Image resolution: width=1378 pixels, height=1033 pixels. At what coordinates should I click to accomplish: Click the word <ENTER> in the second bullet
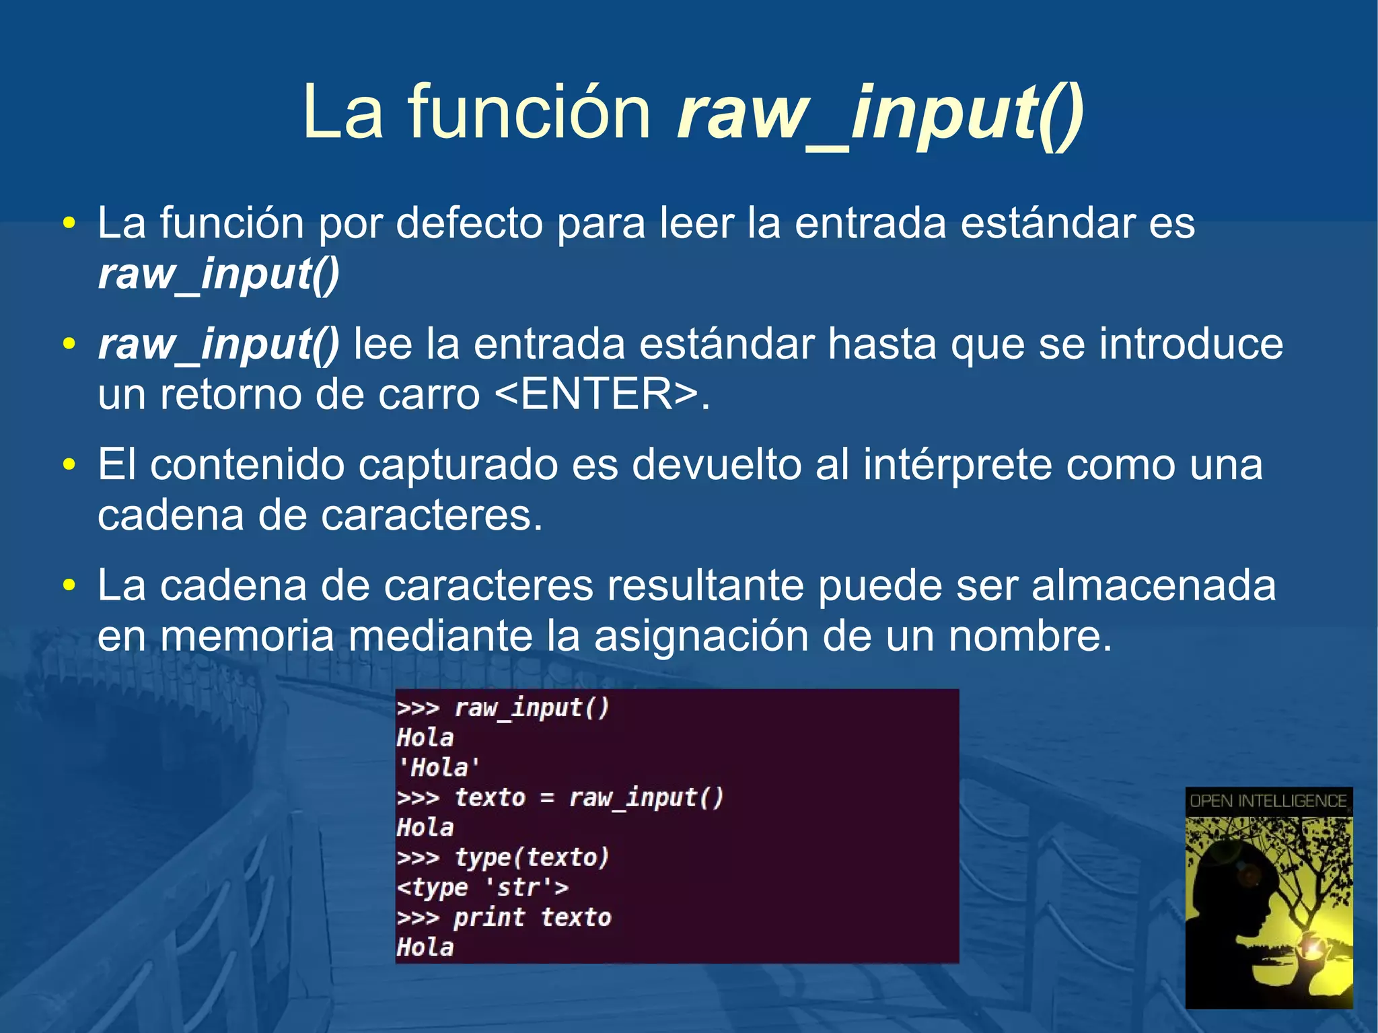tap(596, 394)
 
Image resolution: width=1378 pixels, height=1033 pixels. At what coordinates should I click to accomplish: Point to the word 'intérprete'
tap(957, 465)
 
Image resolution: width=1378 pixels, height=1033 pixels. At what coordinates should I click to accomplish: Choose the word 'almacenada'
tap(1153, 585)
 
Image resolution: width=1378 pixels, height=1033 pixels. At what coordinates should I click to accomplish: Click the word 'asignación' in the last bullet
tap(700, 636)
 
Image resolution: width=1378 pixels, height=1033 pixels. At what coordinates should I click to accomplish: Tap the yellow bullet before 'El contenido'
tap(69, 465)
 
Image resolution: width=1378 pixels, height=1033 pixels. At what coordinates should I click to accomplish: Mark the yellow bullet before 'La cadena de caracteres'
tap(69, 585)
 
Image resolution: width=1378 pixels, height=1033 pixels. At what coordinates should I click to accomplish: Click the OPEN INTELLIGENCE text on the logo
tap(1268, 801)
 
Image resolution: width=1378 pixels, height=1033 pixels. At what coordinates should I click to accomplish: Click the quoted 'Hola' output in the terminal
tap(439, 767)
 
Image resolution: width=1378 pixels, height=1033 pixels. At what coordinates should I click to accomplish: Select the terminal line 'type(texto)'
tap(532, 857)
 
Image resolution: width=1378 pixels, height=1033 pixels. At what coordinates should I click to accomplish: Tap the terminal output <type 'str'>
tap(482, 888)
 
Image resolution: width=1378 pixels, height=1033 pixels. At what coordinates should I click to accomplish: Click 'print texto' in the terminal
tap(532, 918)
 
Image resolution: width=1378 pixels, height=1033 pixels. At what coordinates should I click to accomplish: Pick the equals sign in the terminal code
tap(547, 798)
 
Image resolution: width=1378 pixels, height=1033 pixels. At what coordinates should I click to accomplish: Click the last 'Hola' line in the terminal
tap(425, 948)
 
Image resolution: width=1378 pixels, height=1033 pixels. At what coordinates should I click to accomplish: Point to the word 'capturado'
tap(458, 465)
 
